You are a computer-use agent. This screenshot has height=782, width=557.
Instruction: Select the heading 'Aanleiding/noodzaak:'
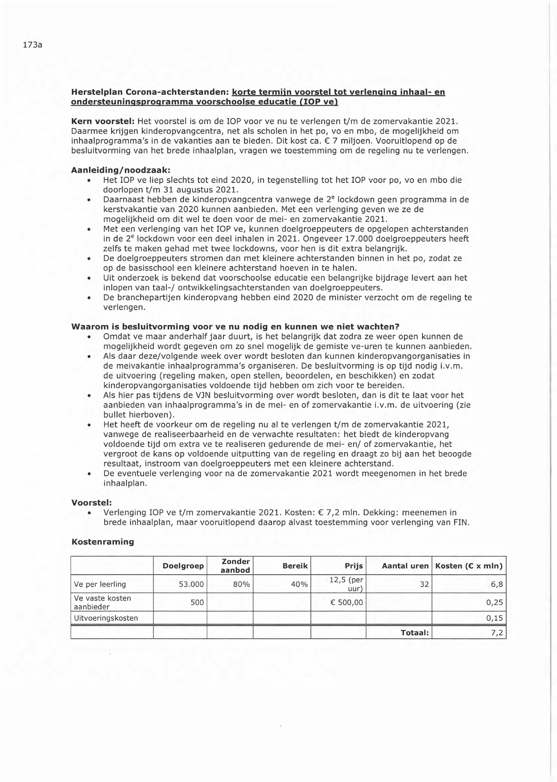[121, 170]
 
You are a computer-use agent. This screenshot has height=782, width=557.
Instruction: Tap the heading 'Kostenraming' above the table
[103, 542]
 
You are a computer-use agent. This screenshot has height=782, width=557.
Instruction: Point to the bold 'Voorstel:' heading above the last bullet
[91, 503]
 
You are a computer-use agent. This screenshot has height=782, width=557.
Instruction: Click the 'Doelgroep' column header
[183, 566]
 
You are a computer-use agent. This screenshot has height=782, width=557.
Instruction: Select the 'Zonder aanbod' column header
[235, 566]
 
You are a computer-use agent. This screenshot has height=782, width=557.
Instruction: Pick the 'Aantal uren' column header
[405, 566]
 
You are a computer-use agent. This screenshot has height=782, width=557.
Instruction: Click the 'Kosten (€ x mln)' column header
[469, 566]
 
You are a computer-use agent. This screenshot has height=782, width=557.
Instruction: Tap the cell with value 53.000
[191, 584]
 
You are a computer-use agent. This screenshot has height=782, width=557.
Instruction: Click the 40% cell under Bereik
[299, 584]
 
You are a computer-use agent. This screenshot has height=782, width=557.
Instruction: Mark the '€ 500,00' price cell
[347, 603]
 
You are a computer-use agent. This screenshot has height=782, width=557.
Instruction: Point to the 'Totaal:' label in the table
[415, 632]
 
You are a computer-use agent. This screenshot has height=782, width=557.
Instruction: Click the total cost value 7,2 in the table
[497, 632]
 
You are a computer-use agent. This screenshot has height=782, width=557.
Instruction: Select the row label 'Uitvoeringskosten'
[106, 618]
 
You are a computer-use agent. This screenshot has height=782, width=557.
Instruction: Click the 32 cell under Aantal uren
[424, 584]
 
